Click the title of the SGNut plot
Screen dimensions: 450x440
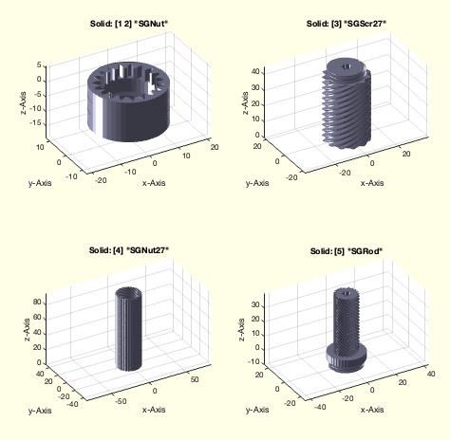coord(129,24)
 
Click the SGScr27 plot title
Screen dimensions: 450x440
coord(347,24)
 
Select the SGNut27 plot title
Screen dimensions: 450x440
coord(129,250)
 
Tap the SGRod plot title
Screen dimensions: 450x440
coord(347,251)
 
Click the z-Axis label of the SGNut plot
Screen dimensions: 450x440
coord(24,102)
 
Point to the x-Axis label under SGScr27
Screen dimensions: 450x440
coord(372,183)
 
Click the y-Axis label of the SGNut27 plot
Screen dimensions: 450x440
coord(40,411)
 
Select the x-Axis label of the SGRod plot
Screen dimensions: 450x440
coord(372,410)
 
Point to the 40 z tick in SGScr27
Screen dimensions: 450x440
coord(255,72)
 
